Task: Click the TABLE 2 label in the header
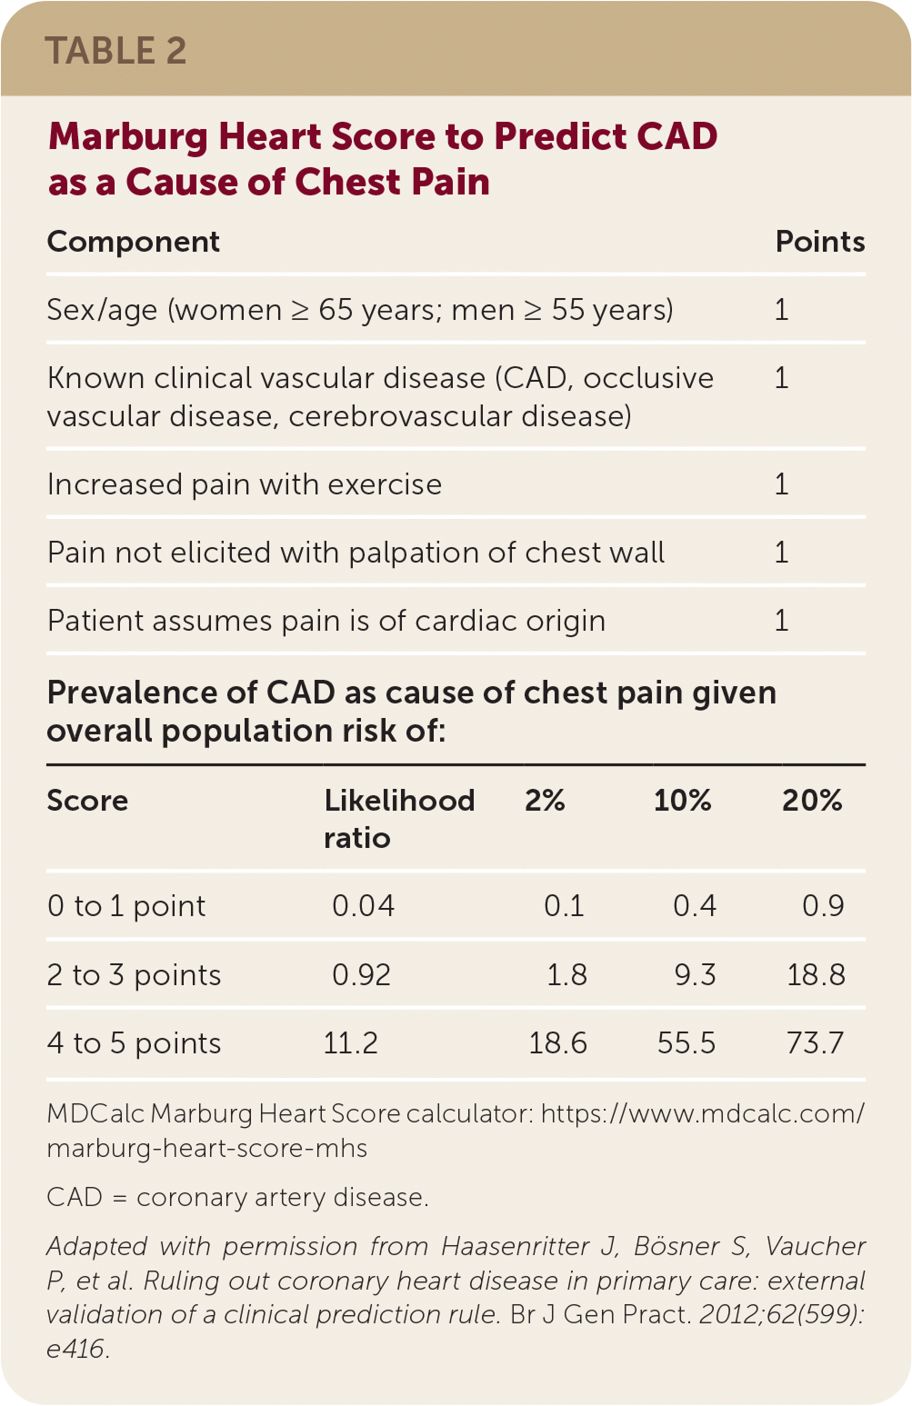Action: click(x=115, y=51)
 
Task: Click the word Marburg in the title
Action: click(x=128, y=137)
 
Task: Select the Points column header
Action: click(x=819, y=242)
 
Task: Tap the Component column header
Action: click(x=134, y=242)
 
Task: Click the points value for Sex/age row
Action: click(x=781, y=310)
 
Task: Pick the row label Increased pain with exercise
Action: click(x=245, y=484)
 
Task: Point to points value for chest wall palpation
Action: click(x=781, y=553)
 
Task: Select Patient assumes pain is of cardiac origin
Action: click(x=326, y=621)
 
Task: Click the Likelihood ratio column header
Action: click(x=399, y=818)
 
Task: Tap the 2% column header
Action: click(x=545, y=801)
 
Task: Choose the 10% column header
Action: click(x=682, y=801)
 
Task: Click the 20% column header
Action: click(x=812, y=801)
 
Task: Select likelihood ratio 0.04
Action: click(x=363, y=906)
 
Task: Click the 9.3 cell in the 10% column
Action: click(x=695, y=975)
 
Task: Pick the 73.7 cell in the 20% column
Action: click(x=815, y=1043)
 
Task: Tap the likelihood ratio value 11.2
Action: click(x=351, y=1043)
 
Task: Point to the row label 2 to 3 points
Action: click(x=134, y=975)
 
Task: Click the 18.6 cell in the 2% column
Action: click(x=557, y=1043)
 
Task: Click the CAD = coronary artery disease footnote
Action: click(x=237, y=1198)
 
